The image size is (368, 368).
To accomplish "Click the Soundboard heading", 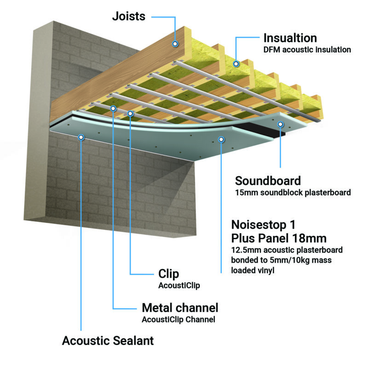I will [x=268, y=180].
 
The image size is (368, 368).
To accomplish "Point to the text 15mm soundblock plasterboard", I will [x=293, y=193].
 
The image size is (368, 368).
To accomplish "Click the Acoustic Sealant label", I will [x=108, y=341].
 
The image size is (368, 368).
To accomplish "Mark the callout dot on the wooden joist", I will [x=175, y=44].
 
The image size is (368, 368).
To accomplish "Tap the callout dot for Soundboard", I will [x=281, y=123].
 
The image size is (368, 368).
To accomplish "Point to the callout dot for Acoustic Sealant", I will [x=81, y=137].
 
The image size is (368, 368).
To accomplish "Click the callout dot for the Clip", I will [x=131, y=113].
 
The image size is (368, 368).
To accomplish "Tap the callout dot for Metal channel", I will [x=113, y=108].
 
